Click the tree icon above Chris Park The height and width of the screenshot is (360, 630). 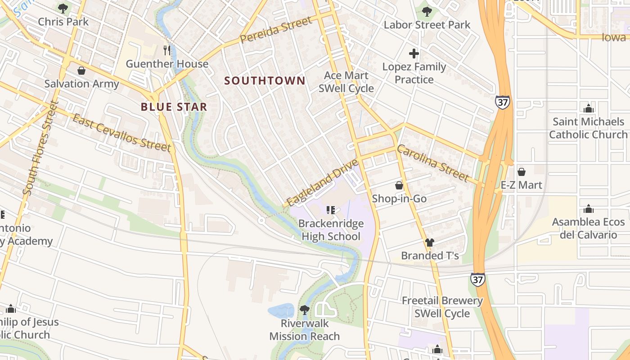63,8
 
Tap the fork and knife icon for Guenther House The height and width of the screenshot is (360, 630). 167,50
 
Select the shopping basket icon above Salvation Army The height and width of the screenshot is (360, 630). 81,71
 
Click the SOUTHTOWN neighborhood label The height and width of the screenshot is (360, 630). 265,81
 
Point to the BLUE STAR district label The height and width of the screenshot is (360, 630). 174,107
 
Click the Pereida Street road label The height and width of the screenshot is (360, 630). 276,30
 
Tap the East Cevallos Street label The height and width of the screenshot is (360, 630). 121,133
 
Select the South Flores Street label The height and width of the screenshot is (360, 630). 41,148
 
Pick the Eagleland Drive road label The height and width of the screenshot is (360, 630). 322,183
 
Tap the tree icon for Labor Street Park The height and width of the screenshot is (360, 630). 427,12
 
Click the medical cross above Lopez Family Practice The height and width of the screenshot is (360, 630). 414,54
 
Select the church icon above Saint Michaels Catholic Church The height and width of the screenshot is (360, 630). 588,108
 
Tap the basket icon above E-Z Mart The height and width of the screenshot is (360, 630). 521,172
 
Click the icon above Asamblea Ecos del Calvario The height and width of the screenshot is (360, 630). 588,209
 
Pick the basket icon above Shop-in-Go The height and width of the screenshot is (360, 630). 399,185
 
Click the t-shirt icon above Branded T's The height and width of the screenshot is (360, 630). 430,243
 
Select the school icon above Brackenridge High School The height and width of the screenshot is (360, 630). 331,210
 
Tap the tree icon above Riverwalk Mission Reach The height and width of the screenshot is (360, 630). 305,310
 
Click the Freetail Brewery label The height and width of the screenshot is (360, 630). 442,301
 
